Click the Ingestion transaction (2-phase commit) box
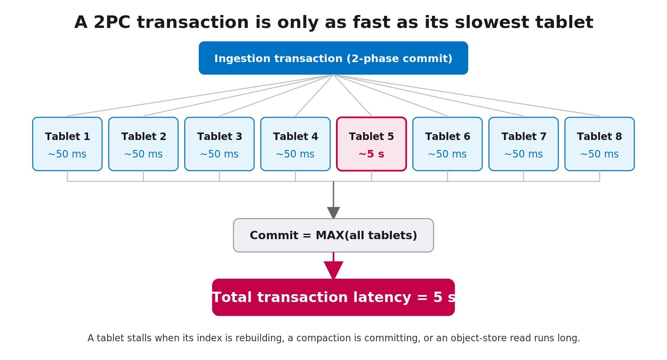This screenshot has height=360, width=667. click(333, 58)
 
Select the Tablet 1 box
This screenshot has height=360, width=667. click(67, 144)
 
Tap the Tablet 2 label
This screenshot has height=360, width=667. click(143, 137)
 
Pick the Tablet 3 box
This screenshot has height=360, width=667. click(219, 144)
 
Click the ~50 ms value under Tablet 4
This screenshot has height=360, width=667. click(295, 154)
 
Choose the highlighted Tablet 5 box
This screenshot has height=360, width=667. click(371, 144)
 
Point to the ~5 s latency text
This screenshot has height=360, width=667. click(371, 154)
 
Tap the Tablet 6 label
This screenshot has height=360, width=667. click(448, 137)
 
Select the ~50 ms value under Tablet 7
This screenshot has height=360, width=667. click(524, 154)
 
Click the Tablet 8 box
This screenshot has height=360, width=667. click(599, 144)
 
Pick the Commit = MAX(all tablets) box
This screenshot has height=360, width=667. click(333, 235)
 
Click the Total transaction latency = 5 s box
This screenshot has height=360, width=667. click(333, 297)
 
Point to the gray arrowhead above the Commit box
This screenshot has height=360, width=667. click(333, 212)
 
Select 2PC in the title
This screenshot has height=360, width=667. click(112, 22)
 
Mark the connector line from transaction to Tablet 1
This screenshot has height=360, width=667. click(201, 95)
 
